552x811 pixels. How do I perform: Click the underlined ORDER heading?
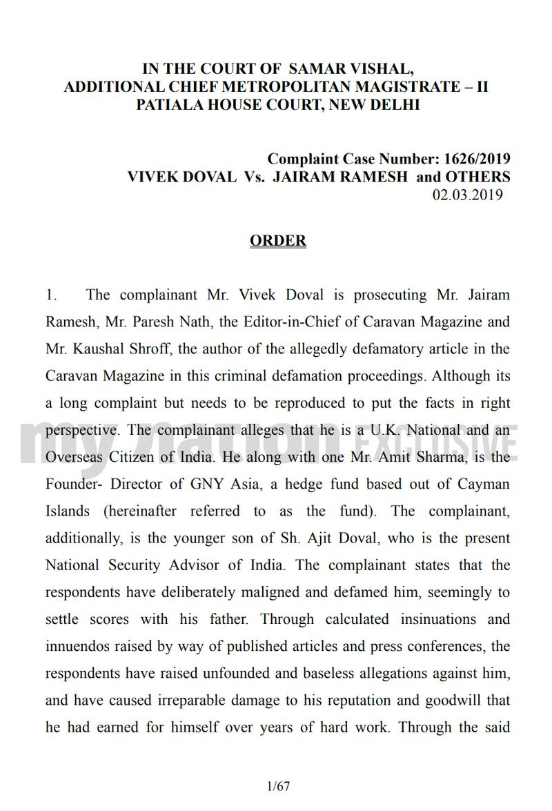(x=277, y=241)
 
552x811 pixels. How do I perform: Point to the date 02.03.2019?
(x=467, y=194)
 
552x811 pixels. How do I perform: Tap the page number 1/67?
(x=277, y=786)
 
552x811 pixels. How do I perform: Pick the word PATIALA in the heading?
(x=172, y=106)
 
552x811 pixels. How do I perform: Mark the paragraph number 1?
(x=52, y=295)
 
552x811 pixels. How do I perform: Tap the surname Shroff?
(x=143, y=349)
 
